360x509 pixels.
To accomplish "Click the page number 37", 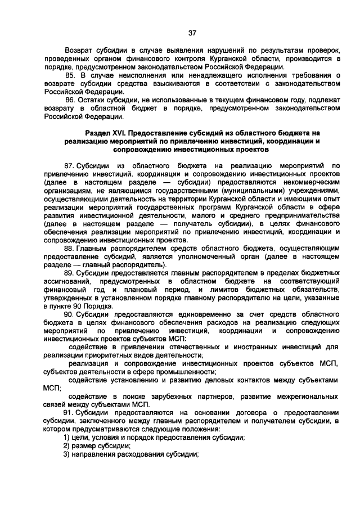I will coord(192,33).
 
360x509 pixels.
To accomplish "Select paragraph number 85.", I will coord(70,75).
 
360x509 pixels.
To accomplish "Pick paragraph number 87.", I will coord(70,166).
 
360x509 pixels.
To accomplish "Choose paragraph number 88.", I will coord(70,248).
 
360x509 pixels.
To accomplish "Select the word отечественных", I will coord(190,348).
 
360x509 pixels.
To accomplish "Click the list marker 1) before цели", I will coord(66,438).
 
